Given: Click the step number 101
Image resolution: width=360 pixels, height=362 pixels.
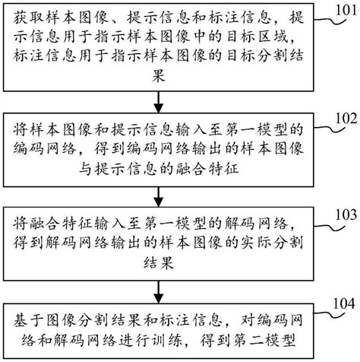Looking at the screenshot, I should pyautogui.click(x=339, y=9).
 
